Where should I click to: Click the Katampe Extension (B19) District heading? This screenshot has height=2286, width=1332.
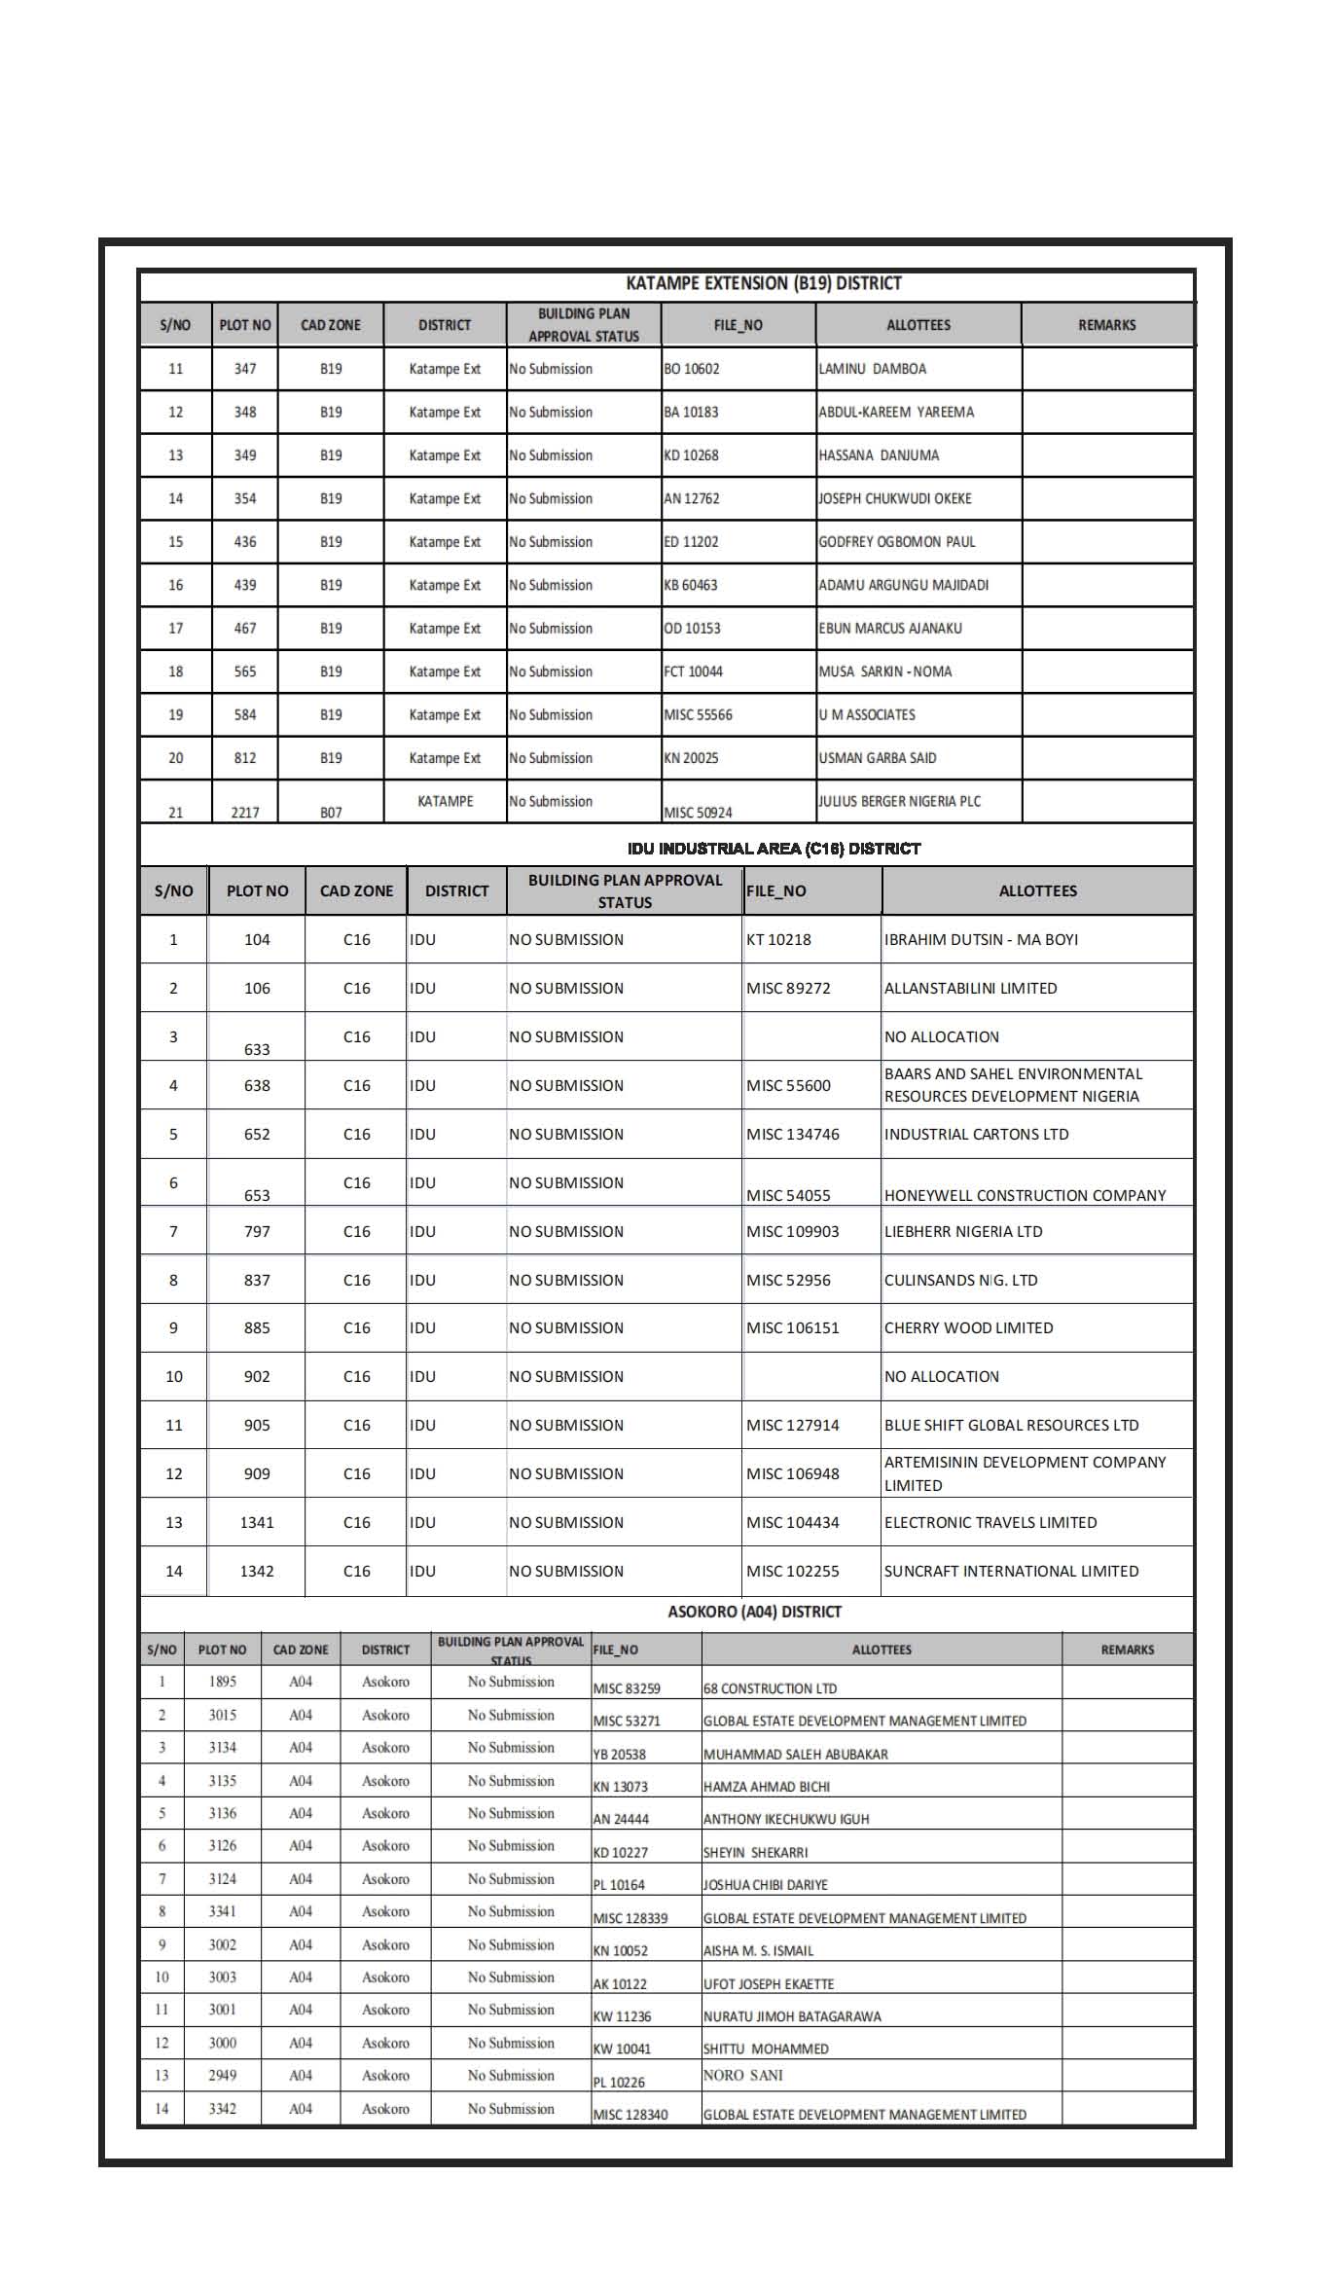(764, 283)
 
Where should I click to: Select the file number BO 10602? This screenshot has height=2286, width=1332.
(692, 369)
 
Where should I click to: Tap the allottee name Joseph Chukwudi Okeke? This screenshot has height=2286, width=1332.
(895, 498)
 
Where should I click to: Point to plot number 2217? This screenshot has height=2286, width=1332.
(245, 813)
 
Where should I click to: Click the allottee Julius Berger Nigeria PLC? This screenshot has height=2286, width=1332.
(900, 801)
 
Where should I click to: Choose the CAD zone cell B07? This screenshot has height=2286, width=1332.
(331, 813)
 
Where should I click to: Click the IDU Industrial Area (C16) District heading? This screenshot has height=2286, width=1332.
(774, 849)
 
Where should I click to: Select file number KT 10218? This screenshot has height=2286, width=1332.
(778, 939)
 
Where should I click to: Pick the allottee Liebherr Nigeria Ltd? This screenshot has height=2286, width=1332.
(963, 1231)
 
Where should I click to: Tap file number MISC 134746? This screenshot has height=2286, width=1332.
(793, 1134)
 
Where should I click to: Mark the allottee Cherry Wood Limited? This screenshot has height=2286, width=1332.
(968, 1327)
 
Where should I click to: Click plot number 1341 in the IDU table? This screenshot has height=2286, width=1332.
(257, 1522)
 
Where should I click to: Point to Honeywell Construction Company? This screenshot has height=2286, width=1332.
(1025, 1195)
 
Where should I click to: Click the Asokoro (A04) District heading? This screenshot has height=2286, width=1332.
(754, 1612)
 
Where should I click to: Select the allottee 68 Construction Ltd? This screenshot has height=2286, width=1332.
(770, 1688)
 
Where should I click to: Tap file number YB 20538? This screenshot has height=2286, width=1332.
(620, 1754)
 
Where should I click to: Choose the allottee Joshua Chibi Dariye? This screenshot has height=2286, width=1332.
(766, 1885)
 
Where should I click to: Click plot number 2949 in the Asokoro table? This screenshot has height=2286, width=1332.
(222, 2075)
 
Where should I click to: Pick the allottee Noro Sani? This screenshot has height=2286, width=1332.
(743, 2075)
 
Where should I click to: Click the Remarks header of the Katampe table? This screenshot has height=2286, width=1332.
(1106, 325)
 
